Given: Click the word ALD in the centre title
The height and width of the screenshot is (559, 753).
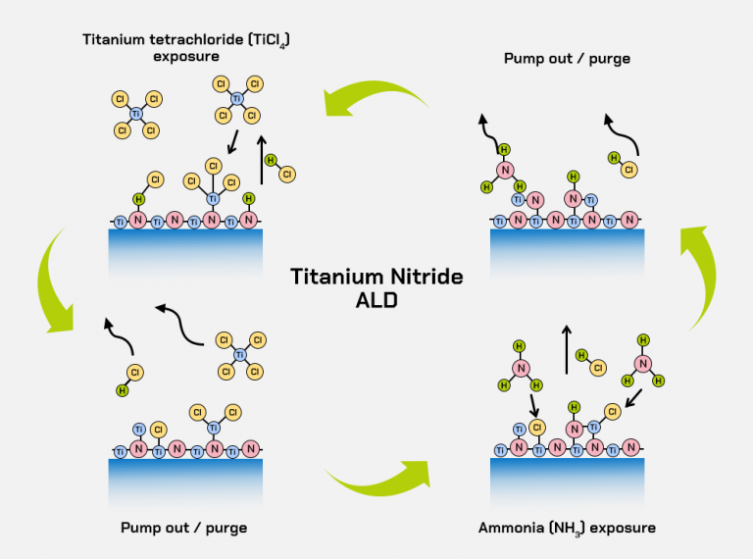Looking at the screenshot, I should tap(376, 301).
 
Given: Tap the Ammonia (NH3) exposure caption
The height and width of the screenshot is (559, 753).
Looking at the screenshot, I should tap(567, 528).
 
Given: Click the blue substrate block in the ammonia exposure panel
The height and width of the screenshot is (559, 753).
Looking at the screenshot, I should tap(567, 480).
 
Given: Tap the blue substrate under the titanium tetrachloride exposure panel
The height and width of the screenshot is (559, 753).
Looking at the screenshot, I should tap(185, 252).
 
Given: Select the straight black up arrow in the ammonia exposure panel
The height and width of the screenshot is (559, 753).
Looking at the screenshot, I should tap(566, 348).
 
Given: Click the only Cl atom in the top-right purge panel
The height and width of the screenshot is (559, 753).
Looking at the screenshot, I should tap(629, 170).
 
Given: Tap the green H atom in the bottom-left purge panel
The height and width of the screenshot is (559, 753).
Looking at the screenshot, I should tap(123, 389).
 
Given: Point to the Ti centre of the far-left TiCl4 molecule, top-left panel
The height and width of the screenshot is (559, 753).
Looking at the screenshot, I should tap(135, 115).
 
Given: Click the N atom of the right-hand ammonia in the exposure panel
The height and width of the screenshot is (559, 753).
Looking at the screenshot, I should tap(643, 363).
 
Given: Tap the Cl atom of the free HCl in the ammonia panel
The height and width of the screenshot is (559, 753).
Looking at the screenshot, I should tap(596, 368).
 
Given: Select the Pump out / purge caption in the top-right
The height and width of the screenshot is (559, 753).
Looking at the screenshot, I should tap(567, 59).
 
